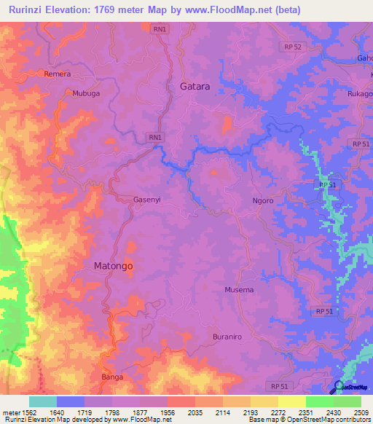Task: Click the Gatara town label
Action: [x=195, y=86]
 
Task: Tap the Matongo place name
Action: [x=113, y=267]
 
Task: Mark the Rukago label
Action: [x=361, y=93]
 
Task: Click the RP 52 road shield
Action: [x=291, y=47]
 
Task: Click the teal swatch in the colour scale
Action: [x=42, y=401]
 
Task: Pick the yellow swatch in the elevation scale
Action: [x=291, y=401]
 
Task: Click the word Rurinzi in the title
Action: [x=30, y=10]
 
